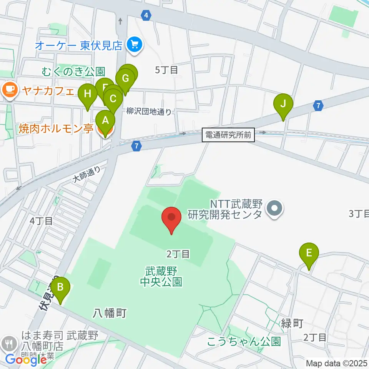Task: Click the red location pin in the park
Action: [x=171, y=218]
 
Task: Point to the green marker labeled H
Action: [x=88, y=94]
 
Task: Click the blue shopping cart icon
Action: [x=135, y=46]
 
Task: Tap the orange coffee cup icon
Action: [x=9, y=91]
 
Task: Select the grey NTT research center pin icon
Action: [x=275, y=209]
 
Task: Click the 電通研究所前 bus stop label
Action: [x=228, y=135]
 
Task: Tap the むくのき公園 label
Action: [x=73, y=71]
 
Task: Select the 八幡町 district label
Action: [x=110, y=313]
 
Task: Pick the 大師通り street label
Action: [x=87, y=174]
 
